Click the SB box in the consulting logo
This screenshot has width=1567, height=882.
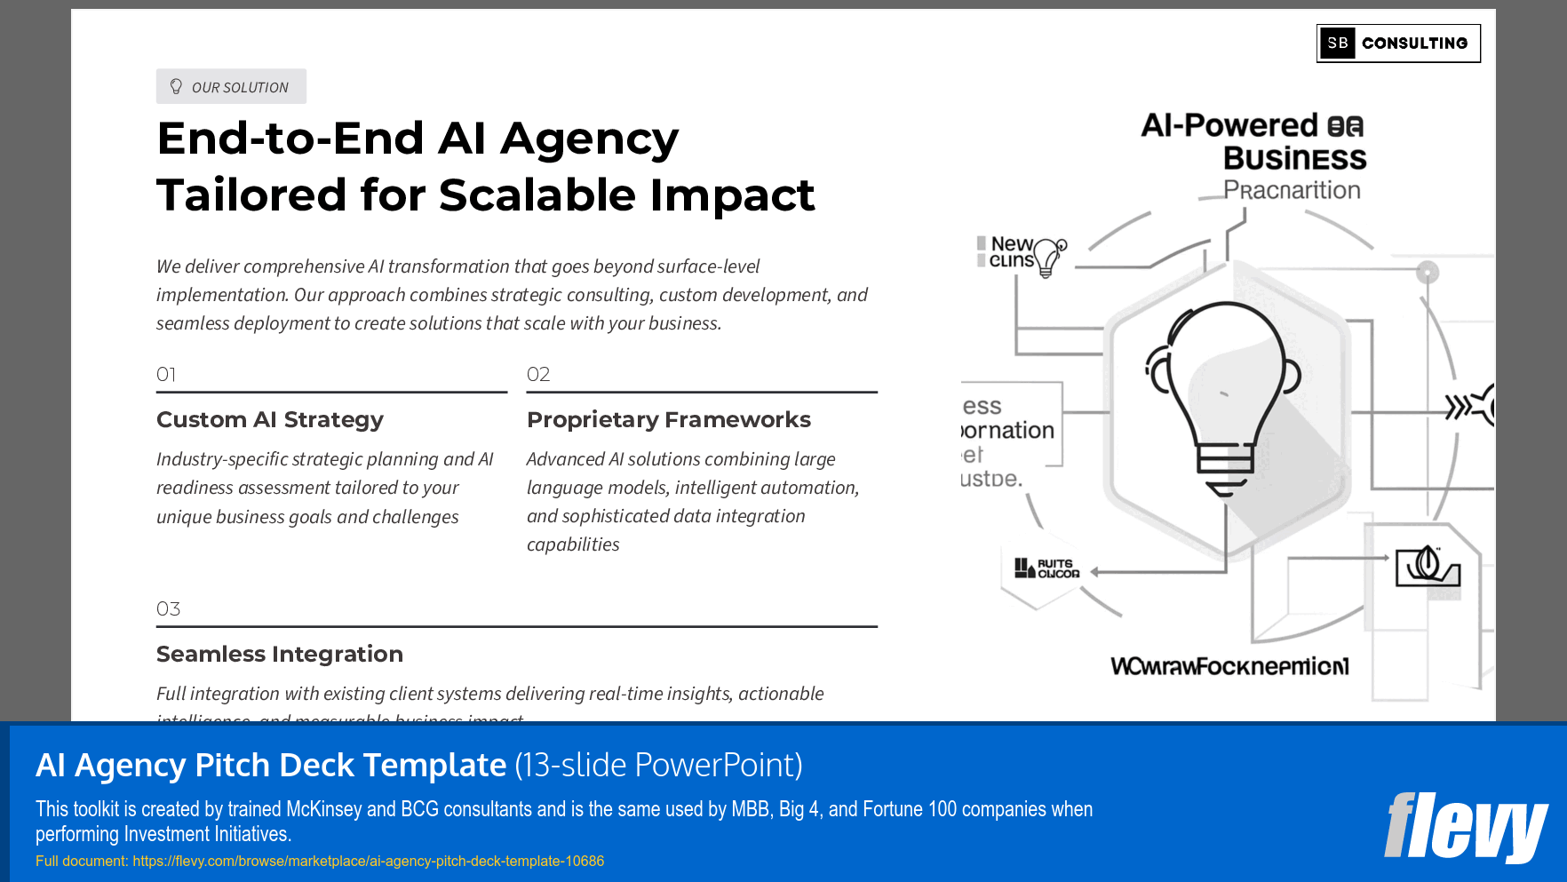point(1337,44)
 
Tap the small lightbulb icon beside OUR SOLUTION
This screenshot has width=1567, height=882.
point(176,86)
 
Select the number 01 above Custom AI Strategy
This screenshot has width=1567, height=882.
point(166,375)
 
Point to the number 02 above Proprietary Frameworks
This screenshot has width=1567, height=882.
point(538,375)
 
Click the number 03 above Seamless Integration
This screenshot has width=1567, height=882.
point(168,609)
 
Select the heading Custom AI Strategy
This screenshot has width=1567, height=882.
point(270,419)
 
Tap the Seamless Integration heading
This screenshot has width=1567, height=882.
point(280,654)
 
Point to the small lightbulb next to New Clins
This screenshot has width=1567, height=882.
point(1049,258)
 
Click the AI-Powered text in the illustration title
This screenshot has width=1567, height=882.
point(1229,125)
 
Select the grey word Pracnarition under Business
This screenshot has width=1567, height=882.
point(1292,190)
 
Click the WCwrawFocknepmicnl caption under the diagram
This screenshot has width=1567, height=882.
point(1229,666)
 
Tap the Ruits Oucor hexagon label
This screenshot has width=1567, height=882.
point(1048,568)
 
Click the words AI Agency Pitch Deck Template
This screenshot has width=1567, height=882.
point(271,765)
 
